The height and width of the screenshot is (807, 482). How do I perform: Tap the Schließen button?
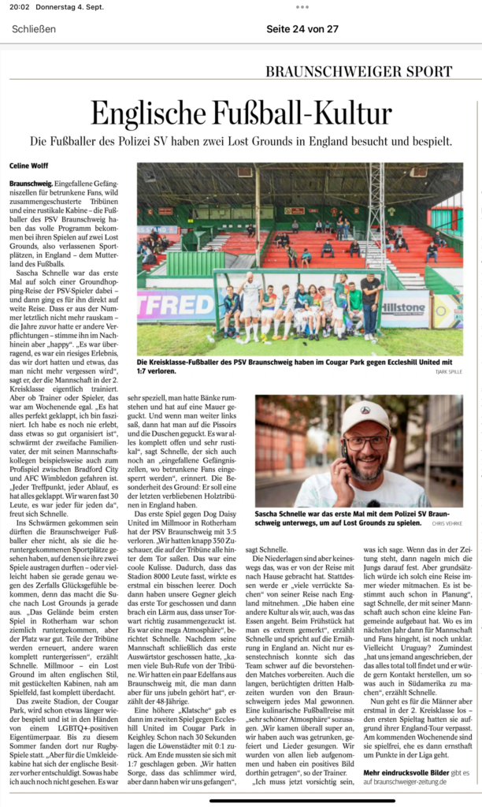(34, 29)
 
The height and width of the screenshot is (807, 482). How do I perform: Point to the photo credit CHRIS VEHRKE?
(447, 522)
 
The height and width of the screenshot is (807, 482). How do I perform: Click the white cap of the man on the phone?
(364, 415)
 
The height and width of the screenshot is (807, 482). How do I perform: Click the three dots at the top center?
(302, 6)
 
